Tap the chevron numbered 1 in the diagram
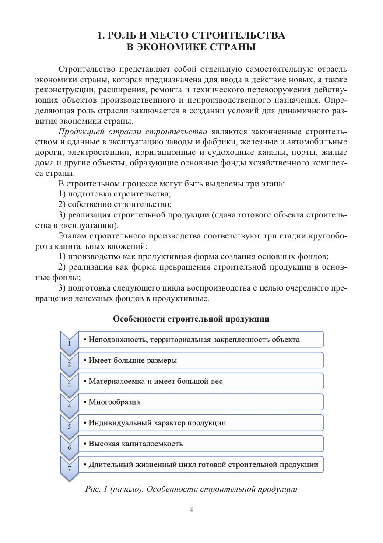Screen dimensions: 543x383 point(69,342)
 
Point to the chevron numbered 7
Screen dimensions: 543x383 point(69,467)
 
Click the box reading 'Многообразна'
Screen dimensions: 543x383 point(201,402)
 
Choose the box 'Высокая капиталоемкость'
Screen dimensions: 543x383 point(201,443)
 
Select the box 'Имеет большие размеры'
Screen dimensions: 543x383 point(201,360)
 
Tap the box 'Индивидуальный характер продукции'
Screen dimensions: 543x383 point(201,423)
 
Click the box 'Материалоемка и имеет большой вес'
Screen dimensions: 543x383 point(201,381)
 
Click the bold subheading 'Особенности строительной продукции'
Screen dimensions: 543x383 point(191,319)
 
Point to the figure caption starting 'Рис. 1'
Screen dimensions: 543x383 point(191,489)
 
